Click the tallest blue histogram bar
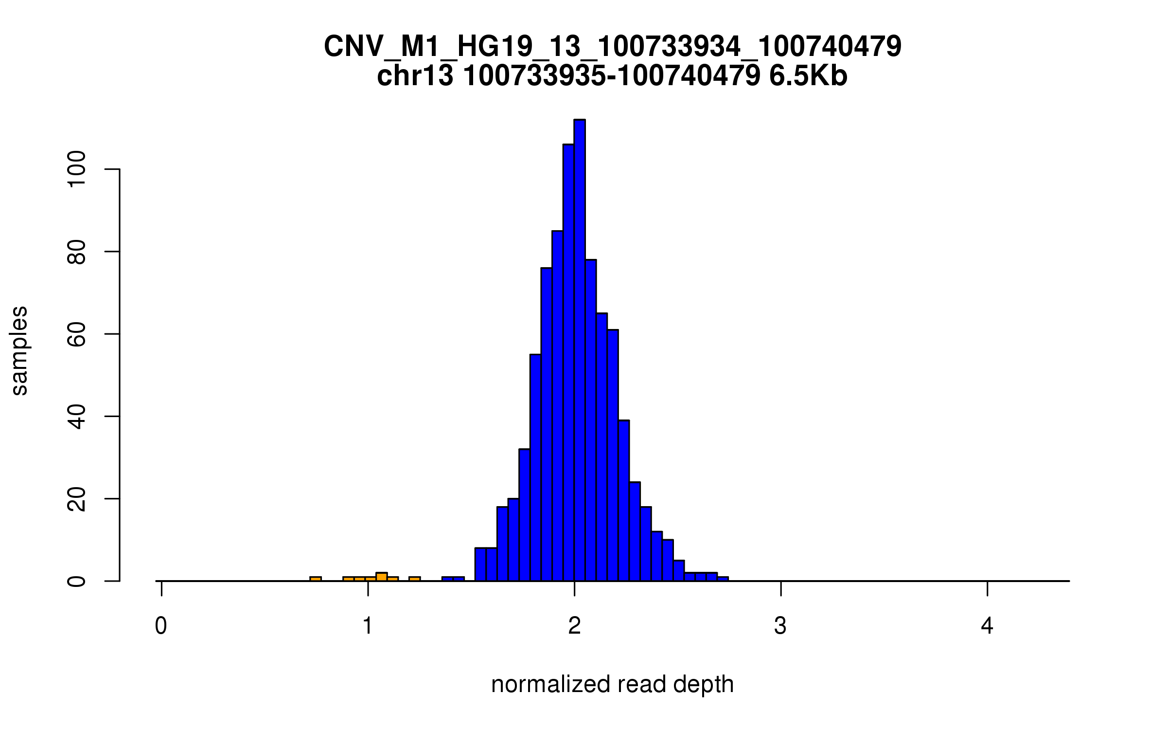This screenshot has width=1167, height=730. [579, 350]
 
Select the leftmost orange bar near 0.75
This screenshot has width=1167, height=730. [316, 579]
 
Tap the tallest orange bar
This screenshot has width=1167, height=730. [382, 577]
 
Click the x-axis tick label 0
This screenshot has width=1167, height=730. [161, 626]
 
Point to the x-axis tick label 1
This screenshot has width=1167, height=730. [368, 626]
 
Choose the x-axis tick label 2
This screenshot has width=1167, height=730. [574, 626]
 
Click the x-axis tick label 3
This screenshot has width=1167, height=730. [780, 626]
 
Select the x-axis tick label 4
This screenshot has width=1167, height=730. [987, 626]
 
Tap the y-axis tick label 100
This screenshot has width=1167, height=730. [77, 169]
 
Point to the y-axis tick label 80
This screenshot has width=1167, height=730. [77, 252]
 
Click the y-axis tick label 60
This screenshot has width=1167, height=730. [77, 334]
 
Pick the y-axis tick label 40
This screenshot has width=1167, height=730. [77, 417]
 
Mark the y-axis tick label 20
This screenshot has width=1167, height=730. [77, 499]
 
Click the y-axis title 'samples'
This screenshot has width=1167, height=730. [19, 350]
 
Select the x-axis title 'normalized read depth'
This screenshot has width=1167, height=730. [612, 684]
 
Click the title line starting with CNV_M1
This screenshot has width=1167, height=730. [613, 47]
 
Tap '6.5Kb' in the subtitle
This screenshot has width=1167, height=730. [808, 76]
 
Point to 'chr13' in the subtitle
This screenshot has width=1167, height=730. [415, 76]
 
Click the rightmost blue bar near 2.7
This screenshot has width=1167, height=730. [723, 579]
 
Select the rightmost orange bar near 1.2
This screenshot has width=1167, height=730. [415, 579]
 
